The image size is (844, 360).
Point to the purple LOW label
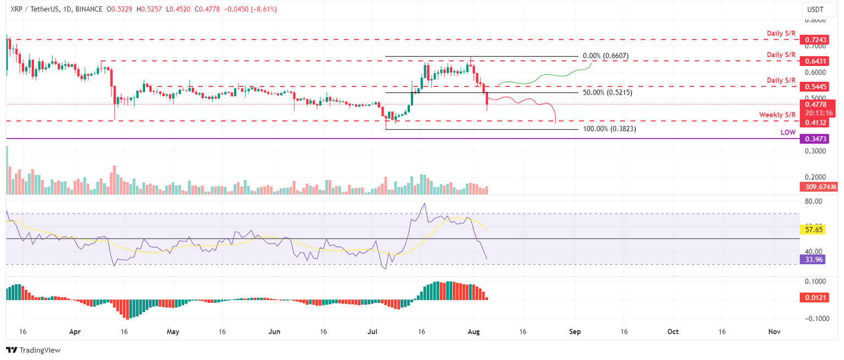[788, 132]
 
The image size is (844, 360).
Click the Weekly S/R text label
[778, 114]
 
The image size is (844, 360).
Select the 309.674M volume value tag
[818, 187]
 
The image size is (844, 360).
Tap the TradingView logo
[33, 350]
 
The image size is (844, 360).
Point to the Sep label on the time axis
[575, 332]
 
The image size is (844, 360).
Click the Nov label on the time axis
[774, 332]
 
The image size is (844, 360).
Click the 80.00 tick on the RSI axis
[814, 202]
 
